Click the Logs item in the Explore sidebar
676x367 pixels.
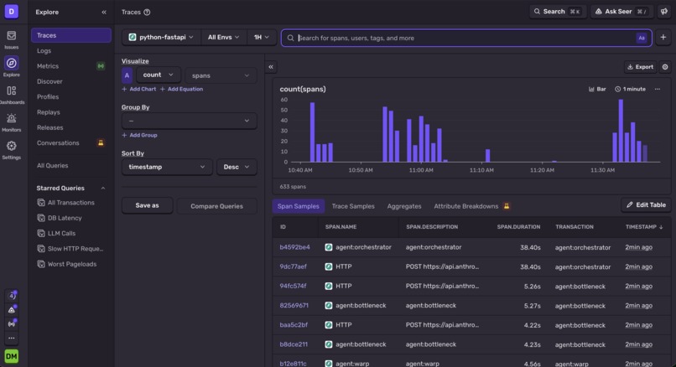click(44, 51)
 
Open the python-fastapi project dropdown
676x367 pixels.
click(161, 38)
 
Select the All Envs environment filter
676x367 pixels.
click(223, 38)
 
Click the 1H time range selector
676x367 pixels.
click(262, 38)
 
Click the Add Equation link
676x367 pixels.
click(181, 89)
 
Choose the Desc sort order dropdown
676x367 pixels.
click(237, 167)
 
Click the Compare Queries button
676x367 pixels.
click(217, 206)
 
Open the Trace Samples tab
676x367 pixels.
click(353, 206)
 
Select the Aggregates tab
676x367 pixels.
click(404, 206)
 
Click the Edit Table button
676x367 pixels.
click(646, 205)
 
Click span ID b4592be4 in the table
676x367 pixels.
click(294, 247)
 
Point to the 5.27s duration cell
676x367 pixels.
click(532, 306)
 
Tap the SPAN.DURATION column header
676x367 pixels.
click(518, 227)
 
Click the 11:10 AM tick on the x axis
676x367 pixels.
click(481, 170)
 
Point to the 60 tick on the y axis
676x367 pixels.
click(283, 100)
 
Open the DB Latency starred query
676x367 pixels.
click(65, 218)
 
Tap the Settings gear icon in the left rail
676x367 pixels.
click(11, 146)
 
